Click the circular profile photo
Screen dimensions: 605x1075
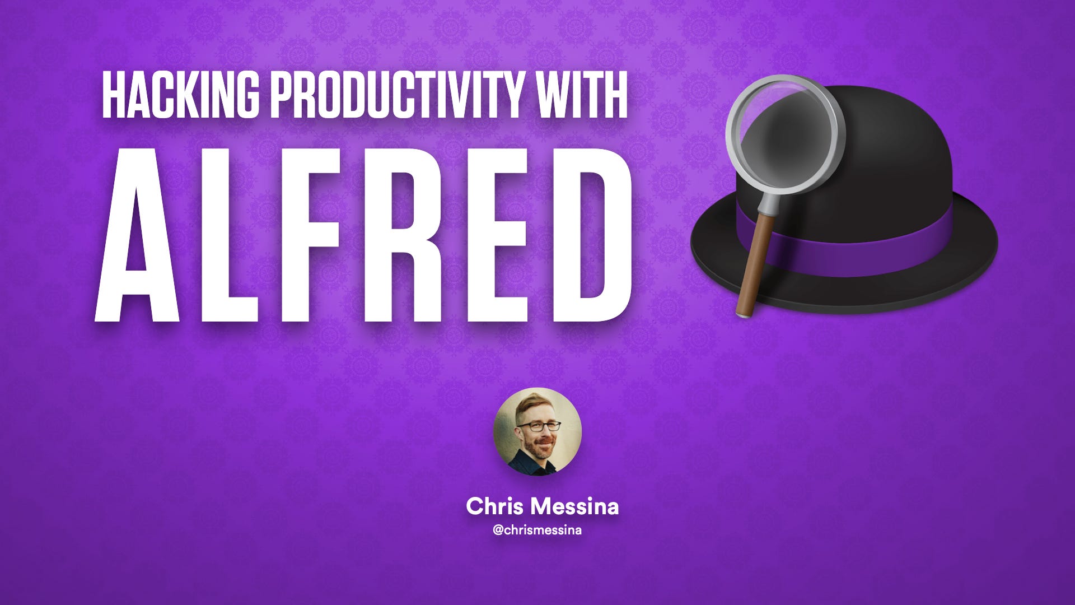(x=537, y=431)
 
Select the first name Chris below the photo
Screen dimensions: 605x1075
(x=494, y=506)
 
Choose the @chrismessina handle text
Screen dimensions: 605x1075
(x=537, y=530)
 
